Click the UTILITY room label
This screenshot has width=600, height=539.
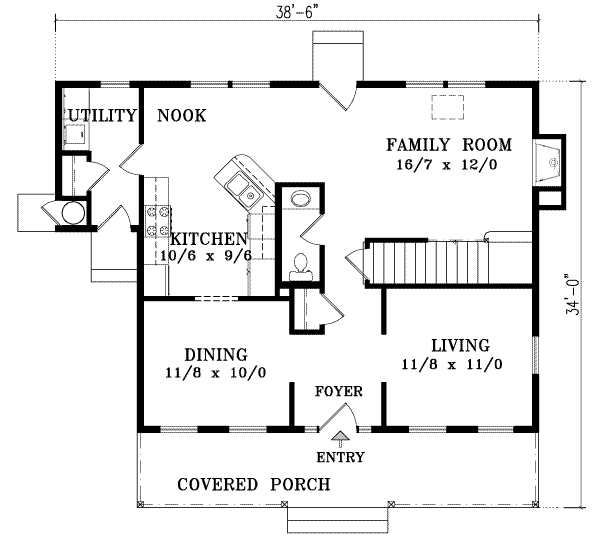[100, 116]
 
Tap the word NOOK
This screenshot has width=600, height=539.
[181, 116]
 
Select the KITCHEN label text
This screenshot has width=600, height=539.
[208, 240]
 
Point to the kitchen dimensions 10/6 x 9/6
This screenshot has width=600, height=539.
[204, 256]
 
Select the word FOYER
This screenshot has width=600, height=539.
[339, 390]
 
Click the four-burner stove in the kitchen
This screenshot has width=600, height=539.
[158, 220]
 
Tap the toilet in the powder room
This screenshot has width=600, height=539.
[298, 264]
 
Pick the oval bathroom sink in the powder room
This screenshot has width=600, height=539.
[298, 199]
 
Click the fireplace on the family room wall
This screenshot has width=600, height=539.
[549, 161]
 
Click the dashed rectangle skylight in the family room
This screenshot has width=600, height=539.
[446, 107]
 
